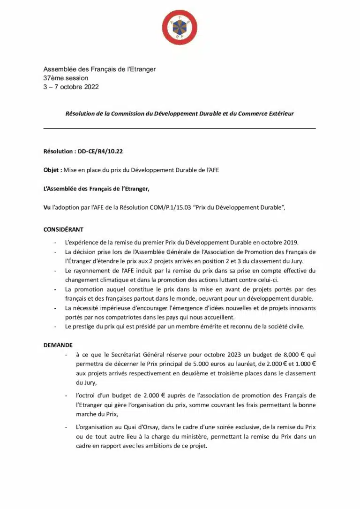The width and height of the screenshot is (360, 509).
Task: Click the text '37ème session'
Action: pyautogui.click(x=66, y=78)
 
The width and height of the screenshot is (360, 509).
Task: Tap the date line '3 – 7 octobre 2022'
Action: pyautogui.click(x=71, y=87)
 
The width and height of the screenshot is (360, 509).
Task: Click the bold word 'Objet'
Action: pyautogui.click(x=52, y=170)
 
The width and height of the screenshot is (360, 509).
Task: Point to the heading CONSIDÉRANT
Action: pyautogui.click(x=63, y=230)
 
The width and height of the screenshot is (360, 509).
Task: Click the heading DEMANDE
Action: pyautogui.click(x=58, y=345)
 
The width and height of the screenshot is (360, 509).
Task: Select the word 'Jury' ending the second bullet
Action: pyautogui.click(x=295, y=261)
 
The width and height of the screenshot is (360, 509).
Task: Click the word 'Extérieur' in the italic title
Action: pyautogui.click(x=278, y=114)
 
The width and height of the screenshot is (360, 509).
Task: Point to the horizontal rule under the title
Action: pyautogui.click(x=180, y=128)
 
